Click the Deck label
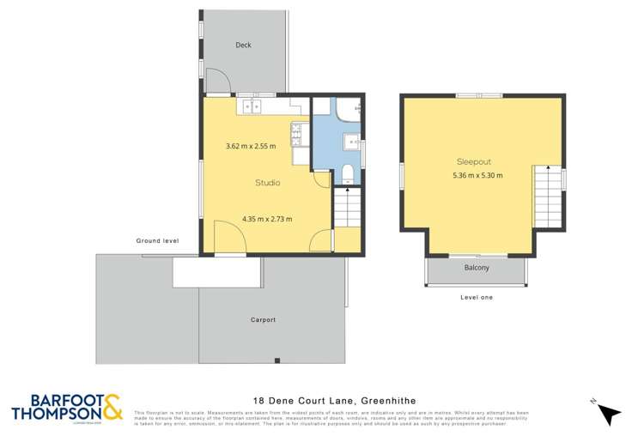244,45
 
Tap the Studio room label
267,183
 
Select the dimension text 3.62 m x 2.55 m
251,146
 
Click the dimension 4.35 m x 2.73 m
267,219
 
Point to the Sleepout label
473,161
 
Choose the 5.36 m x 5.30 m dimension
477,176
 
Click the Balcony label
477,268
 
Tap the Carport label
263,320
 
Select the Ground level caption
156,241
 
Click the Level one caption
477,297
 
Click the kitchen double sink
252,106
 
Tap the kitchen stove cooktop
297,133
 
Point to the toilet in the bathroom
347,175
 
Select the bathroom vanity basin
351,142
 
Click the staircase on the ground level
347,209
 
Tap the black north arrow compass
608,414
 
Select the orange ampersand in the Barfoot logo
112,407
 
